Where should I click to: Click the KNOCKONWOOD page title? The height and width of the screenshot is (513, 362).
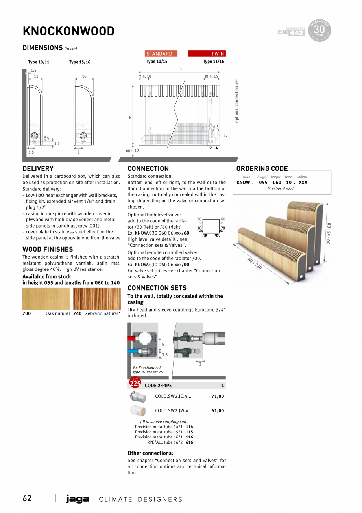pyautogui.click(x=68, y=31)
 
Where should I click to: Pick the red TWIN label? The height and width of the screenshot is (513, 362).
pyautogui.click(x=207, y=54)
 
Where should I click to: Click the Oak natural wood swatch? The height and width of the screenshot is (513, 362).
pyautogui.click(x=46, y=298)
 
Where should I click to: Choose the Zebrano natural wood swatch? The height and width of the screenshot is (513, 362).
pyautogui.click(x=97, y=298)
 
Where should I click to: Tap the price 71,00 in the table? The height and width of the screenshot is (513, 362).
pyautogui.click(x=218, y=396)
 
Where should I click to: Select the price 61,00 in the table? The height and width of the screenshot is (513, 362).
pyautogui.click(x=218, y=410)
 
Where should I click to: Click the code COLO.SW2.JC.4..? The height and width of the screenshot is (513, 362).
pyautogui.click(x=173, y=396)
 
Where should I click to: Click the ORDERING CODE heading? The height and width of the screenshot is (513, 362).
pyautogui.click(x=262, y=168)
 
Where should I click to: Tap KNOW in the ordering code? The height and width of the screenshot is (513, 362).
pyautogui.click(x=243, y=183)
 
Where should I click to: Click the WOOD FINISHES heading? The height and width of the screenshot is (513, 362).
pyautogui.click(x=48, y=249)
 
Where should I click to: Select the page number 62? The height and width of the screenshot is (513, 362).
pyautogui.click(x=27, y=498)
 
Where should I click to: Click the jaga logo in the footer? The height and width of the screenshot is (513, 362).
pyautogui.click(x=78, y=499)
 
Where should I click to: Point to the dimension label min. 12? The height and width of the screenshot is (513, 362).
pyautogui.click(x=132, y=151)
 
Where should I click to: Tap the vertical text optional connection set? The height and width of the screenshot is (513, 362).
pyautogui.click(x=236, y=101)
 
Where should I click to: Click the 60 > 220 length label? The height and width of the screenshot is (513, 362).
pyautogui.click(x=255, y=264)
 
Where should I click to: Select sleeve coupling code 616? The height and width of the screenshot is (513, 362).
pyautogui.click(x=189, y=442)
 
